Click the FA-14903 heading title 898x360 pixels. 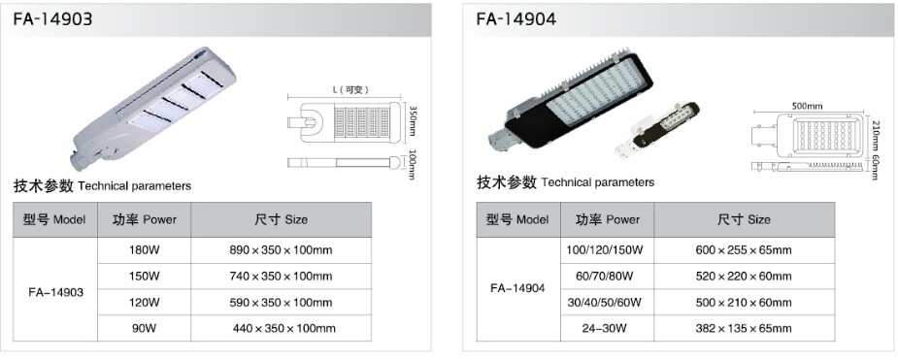tap(53, 19)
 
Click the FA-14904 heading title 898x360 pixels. tap(516, 19)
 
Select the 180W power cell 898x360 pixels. tap(144, 250)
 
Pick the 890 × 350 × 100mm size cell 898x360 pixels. tap(281, 250)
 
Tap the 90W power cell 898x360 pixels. tap(144, 328)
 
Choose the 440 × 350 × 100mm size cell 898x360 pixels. tap(283, 328)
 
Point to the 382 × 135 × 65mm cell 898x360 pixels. tap(744, 328)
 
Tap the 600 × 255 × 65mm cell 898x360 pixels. tap(744, 250)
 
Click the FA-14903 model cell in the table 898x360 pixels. tap(55, 291)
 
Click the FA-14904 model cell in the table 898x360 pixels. tap(517, 288)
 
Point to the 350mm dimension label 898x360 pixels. tap(412, 122)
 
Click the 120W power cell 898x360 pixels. tap(144, 302)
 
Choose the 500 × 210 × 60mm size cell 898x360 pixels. tap(744, 302)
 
